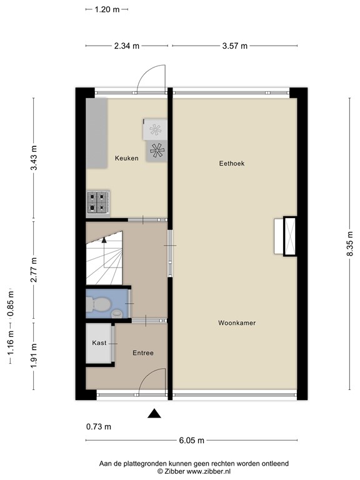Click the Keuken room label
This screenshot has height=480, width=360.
pos(126,159)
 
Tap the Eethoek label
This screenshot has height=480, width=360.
pos(231,164)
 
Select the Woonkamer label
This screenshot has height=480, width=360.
pos(237,323)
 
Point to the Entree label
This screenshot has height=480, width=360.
pos(142,353)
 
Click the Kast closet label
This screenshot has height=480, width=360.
pos(99,343)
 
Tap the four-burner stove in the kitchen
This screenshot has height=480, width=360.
pos(99,202)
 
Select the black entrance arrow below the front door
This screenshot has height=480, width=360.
pos(154,413)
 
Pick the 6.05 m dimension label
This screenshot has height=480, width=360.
pos(191,441)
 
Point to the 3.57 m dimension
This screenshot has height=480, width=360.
pos(234,46)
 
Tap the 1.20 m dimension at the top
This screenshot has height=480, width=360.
pos(107,9)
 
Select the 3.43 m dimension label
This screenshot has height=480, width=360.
pos(34,157)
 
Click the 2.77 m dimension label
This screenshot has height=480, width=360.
pos(34,269)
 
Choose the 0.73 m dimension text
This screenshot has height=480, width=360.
pos(98,427)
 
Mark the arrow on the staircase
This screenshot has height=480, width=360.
pos(104,237)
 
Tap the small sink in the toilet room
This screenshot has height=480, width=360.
pos(117,313)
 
